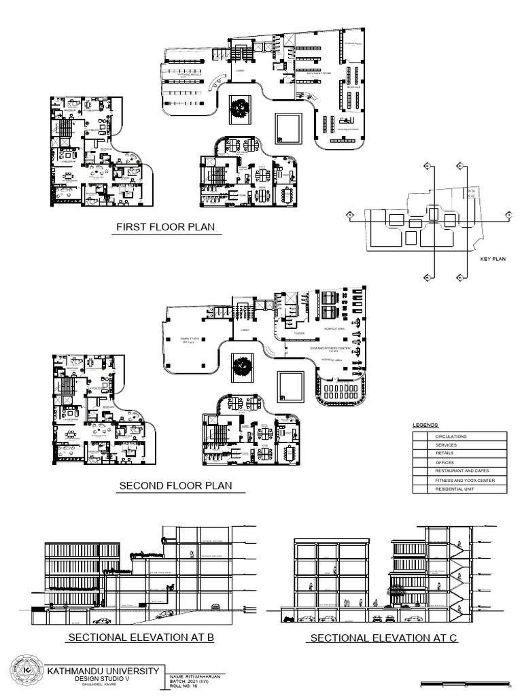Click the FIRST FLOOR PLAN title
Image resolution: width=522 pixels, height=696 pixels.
click(x=167, y=226)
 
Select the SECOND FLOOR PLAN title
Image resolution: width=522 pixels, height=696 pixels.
click(x=175, y=485)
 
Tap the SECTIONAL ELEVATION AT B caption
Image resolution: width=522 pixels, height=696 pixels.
click(x=141, y=637)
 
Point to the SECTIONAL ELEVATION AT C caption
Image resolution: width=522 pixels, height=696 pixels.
click(x=383, y=638)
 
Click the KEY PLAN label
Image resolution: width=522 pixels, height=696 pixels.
click(x=494, y=259)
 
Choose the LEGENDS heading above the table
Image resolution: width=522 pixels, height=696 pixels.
click(x=426, y=425)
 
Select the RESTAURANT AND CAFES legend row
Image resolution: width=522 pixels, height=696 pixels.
click(x=462, y=470)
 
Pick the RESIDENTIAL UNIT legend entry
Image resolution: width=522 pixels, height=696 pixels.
click(x=456, y=489)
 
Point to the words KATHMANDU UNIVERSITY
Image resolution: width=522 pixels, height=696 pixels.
click(x=103, y=671)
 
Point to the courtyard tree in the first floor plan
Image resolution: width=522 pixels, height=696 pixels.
click(x=239, y=107)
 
